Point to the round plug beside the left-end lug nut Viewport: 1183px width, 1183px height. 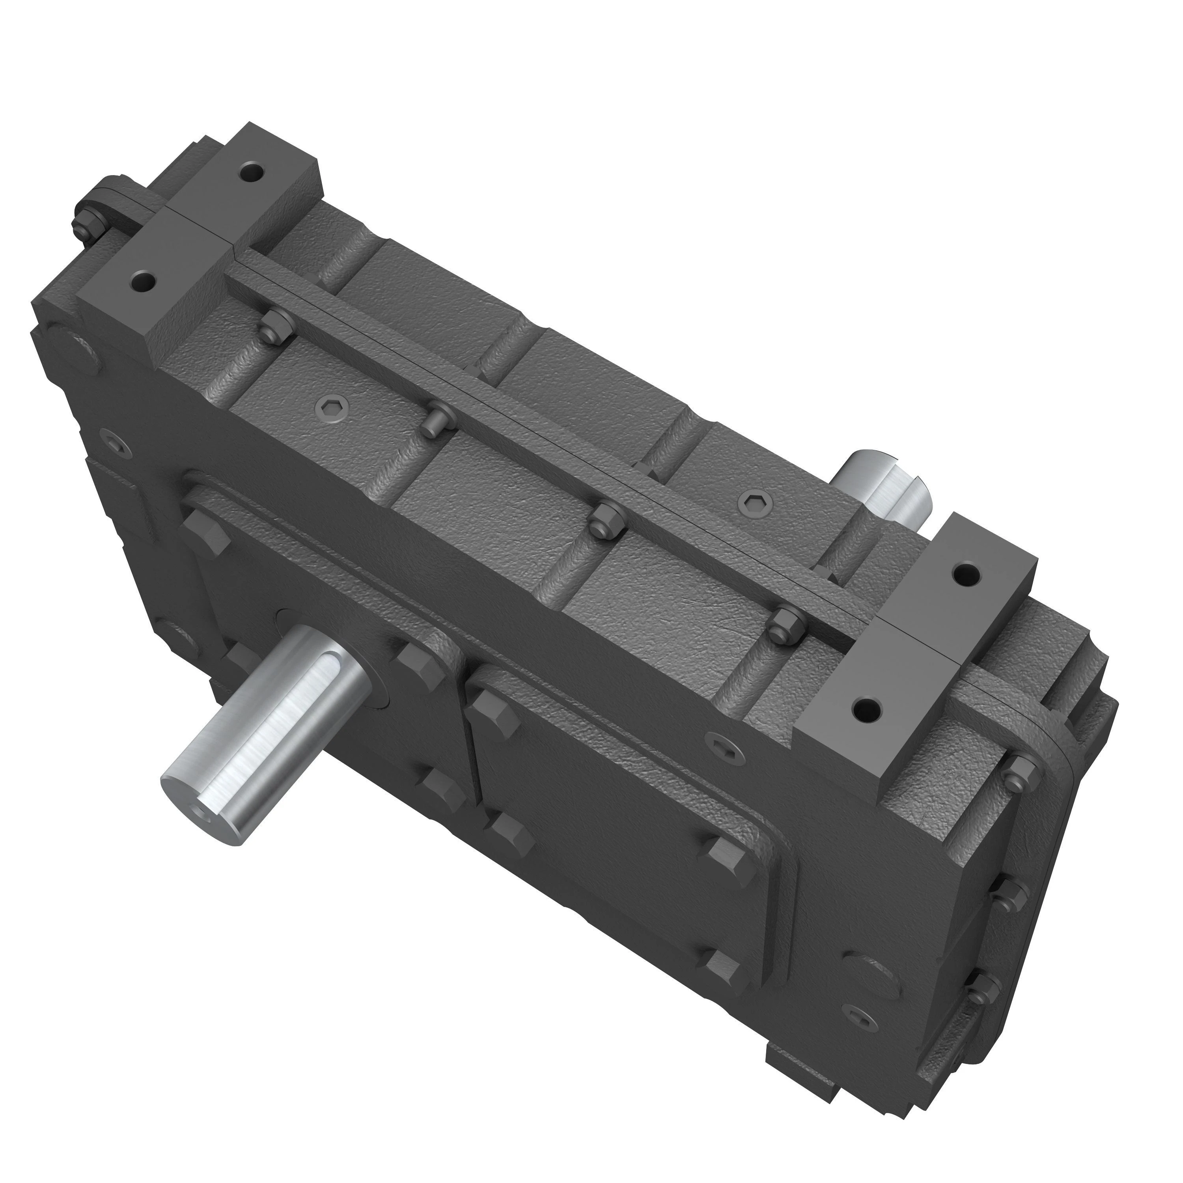point(77,355)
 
